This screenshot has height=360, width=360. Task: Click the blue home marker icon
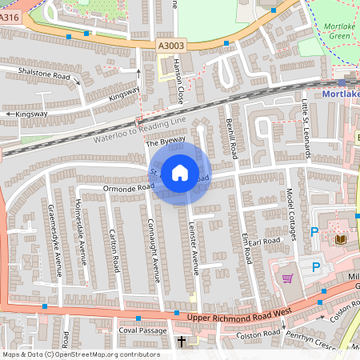[180, 172]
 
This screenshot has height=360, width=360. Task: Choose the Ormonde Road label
[127, 188]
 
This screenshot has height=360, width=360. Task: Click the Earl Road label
[264, 240]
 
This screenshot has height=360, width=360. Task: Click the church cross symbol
[181, 342]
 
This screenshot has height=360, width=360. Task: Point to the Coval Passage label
[142, 330]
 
